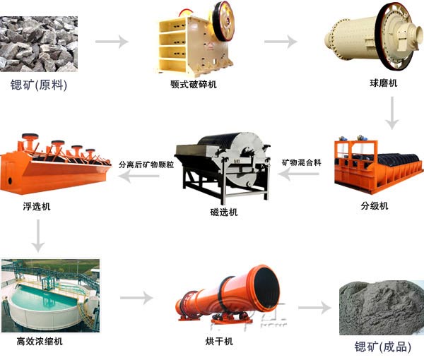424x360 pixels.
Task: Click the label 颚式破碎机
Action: tap(193, 85)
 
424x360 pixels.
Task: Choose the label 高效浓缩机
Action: tap(40, 341)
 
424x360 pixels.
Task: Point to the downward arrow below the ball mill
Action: tap(393, 114)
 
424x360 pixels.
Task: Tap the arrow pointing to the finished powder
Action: tap(314, 308)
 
